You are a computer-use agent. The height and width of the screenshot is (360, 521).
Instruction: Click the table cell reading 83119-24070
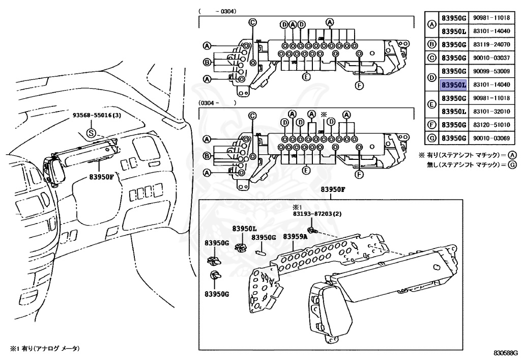click(491, 44)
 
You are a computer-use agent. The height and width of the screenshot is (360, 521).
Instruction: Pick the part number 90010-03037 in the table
click(491, 58)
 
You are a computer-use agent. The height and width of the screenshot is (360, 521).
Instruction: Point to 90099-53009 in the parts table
click(491, 71)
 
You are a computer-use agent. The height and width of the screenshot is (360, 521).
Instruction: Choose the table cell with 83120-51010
click(491, 124)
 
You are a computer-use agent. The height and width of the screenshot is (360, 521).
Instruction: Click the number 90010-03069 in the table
click(491, 137)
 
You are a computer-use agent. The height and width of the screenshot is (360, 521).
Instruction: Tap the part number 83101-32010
click(491, 111)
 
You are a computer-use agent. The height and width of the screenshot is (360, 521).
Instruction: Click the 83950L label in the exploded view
click(245, 229)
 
